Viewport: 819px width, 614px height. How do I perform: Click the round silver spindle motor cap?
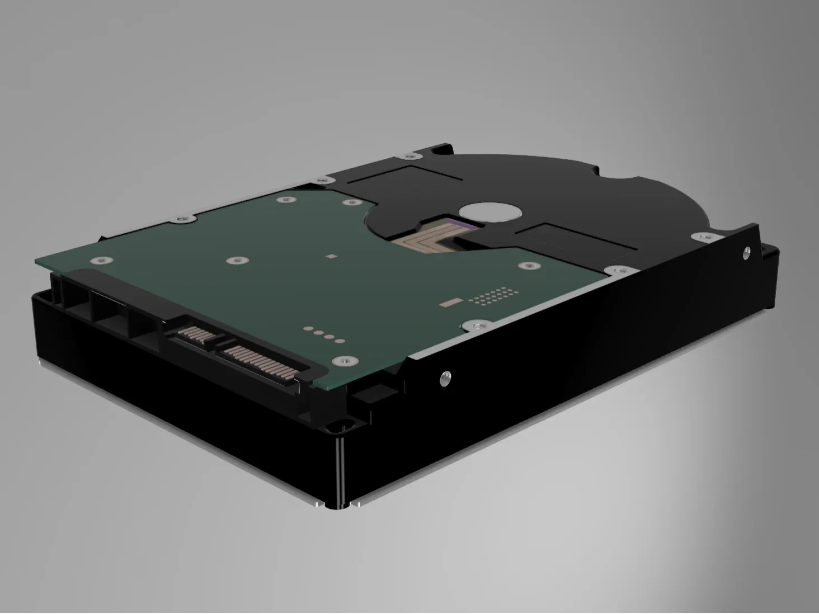tap(490, 212)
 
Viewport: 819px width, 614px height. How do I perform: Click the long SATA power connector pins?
tap(260, 361)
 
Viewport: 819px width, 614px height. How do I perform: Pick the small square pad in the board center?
tap(332, 257)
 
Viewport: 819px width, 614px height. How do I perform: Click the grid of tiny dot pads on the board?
tap(492, 296)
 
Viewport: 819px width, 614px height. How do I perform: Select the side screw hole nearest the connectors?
tap(445, 377)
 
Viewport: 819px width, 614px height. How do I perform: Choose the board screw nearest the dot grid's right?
tap(528, 266)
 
